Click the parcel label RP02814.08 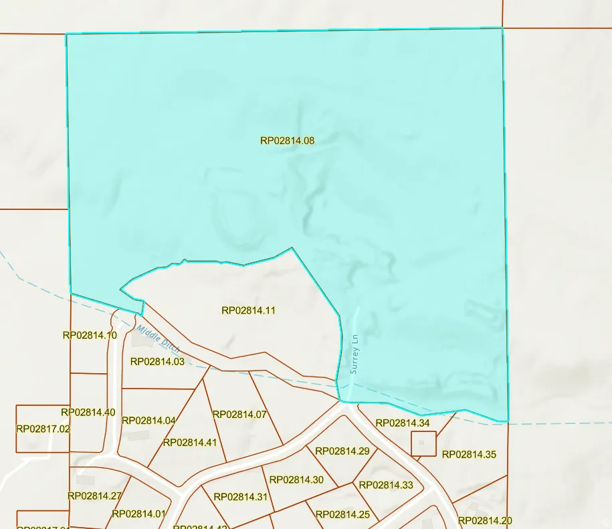coord(287,140)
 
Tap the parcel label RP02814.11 coord(248,310)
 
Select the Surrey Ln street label coord(354,355)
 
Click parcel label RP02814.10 coord(90,335)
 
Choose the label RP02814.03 coord(157,362)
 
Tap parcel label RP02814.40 coord(88,413)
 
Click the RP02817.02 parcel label coord(43,429)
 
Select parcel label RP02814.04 coord(148,421)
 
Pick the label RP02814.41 coord(190,442)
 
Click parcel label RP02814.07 coord(239,415)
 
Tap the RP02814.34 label coord(403,423)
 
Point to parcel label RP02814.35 coord(469,455)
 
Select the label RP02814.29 coord(342,451)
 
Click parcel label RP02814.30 coord(296,480)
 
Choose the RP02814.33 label coord(386,485)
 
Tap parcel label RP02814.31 coord(240,497)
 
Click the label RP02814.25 coord(342,514)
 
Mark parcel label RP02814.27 coord(94,496)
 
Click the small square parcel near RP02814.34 coord(423,443)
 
